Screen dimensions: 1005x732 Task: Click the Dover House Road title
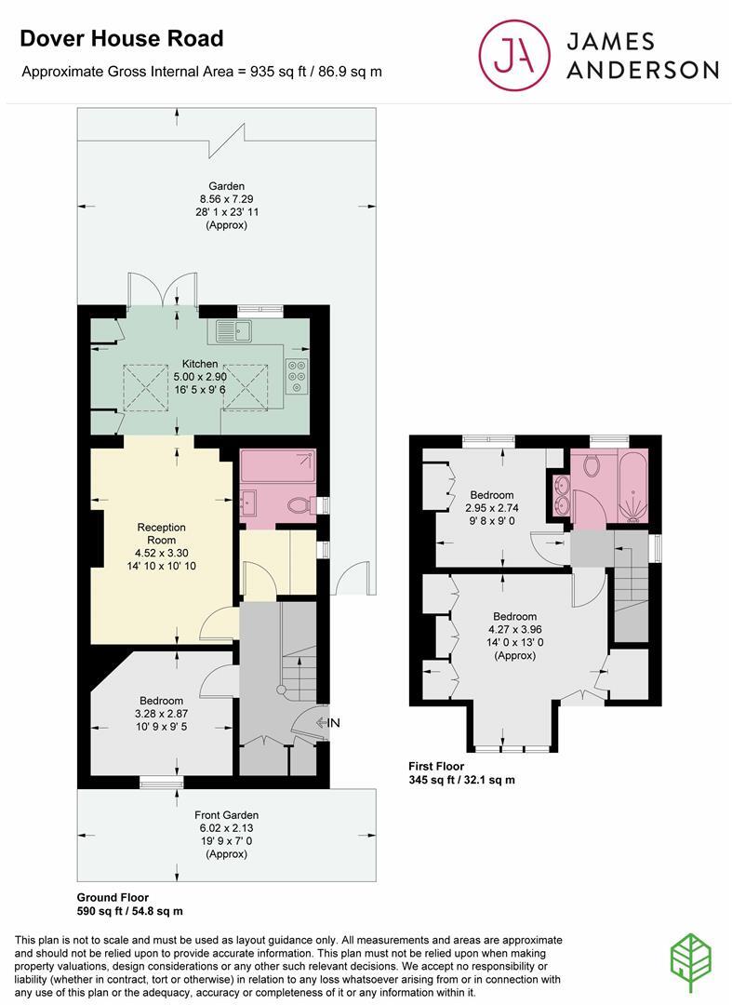(122, 38)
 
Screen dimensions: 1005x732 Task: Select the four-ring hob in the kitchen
(298, 375)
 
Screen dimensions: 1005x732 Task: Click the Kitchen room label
(200, 364)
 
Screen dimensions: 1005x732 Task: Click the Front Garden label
(226, 814)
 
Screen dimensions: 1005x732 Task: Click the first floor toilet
(592, 462)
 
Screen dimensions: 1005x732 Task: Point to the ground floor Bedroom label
(161, 701)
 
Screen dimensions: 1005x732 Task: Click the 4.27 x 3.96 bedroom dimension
(514, 629)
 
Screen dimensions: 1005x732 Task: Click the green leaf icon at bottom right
(692, 958)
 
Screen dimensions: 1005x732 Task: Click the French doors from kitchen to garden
(163, 291)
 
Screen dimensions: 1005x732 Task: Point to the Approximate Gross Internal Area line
(202, 71)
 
